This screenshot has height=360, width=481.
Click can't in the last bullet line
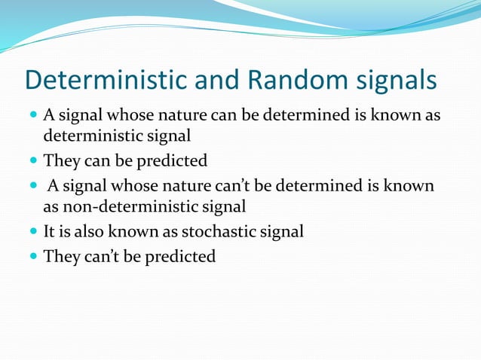coord(98,256)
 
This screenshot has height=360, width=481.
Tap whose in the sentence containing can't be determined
coord(132,185)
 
